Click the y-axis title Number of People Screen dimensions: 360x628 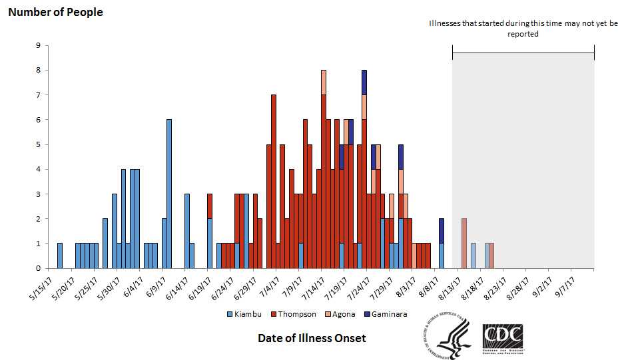(x=55, y=12)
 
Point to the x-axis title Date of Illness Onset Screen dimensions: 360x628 (x=312, y=338)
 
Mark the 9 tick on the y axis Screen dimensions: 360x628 (x=39, y=46)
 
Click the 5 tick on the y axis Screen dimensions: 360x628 (x=39, y=145)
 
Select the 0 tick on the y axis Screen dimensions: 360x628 (x=39, y=269)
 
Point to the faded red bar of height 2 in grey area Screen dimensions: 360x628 (x=464, y=244)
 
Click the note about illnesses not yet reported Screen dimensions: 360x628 (x=523, y=29)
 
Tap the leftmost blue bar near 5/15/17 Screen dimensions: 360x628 (x=60, y=256)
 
